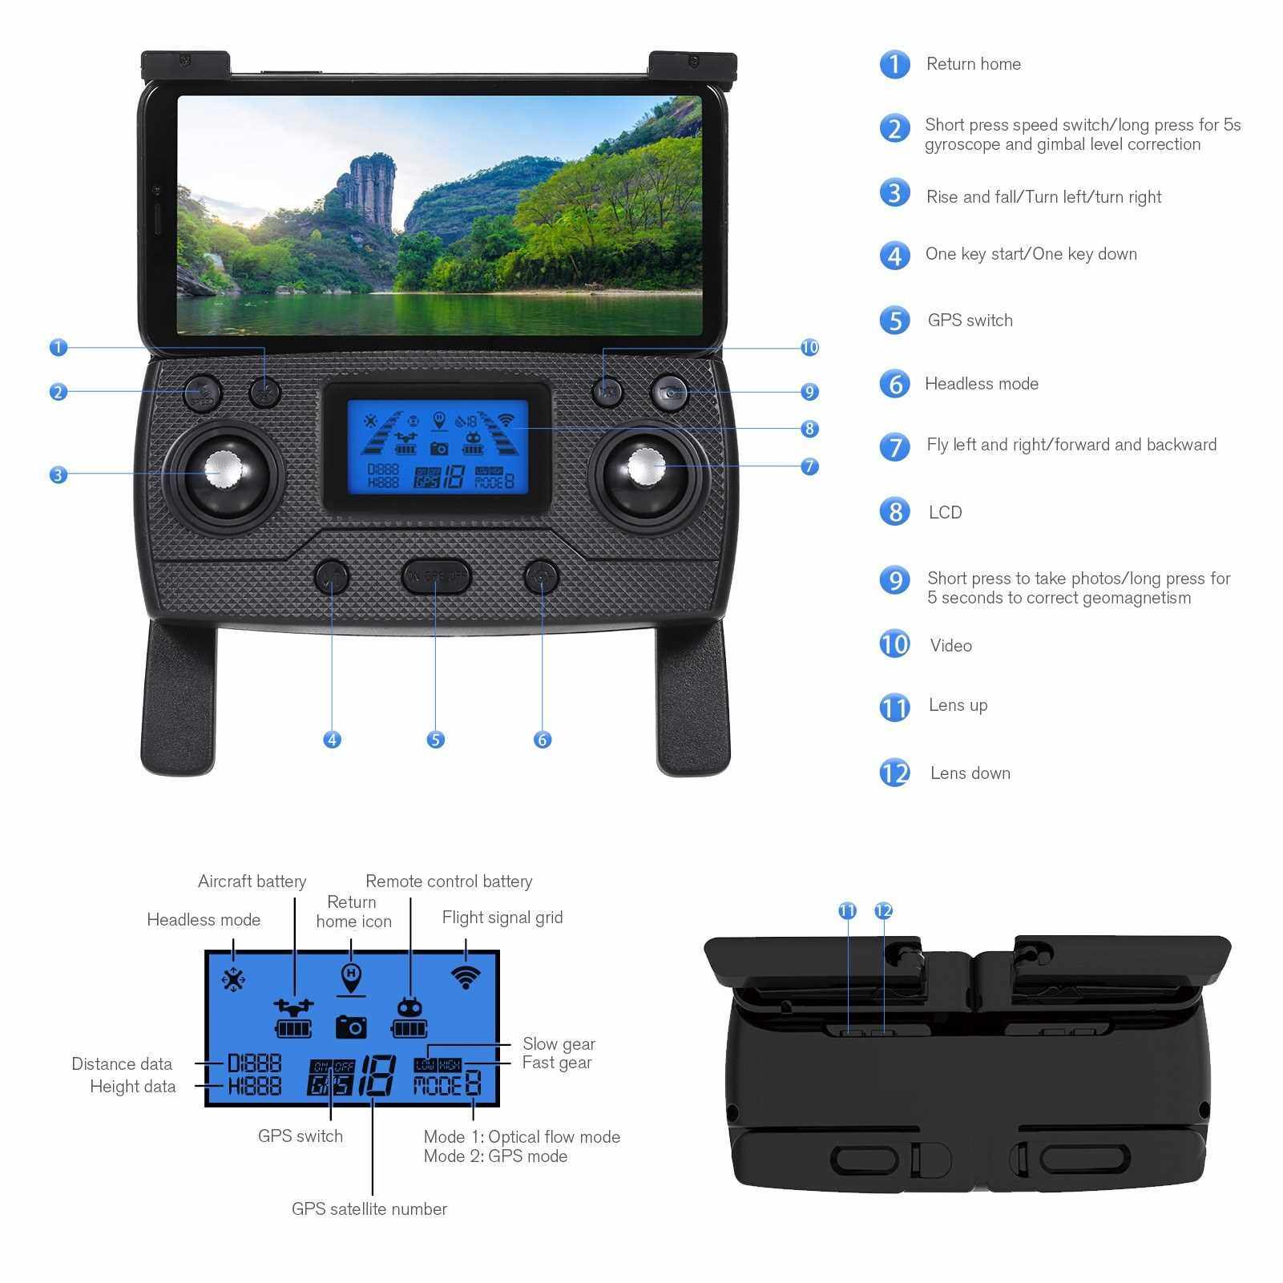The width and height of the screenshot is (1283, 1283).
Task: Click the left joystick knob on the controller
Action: coord(224,470)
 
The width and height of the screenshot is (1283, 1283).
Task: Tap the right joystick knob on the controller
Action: coord(647,467)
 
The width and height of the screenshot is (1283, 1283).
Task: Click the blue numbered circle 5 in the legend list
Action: coord(894,321)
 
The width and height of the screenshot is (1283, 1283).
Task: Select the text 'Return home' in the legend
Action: coord(974,64)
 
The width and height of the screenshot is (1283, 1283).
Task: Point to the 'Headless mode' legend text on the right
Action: coord(982,384)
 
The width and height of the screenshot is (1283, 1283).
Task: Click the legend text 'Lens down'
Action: coord(970,773)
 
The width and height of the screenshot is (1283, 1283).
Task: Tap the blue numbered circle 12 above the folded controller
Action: coord(883,910)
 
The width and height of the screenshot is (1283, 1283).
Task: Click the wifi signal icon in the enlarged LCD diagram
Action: coord(466,977)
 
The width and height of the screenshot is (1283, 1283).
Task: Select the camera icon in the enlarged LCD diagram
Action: coord(351,1027)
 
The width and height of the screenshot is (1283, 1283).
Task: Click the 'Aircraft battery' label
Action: coord(252,882)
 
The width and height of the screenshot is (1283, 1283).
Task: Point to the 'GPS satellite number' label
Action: coord(369,1208)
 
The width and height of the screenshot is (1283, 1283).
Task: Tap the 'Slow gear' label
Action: coord(559,1043)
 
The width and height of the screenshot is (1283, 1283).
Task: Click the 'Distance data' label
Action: coord(122,1063)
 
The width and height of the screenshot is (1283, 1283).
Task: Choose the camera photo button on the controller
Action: coord(669,393)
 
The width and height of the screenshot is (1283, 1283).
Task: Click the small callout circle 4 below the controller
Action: coord(333,740)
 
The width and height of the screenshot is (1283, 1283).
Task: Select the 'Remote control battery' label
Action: coord(449,882)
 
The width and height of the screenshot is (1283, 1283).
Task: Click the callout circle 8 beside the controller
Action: coord(809,429)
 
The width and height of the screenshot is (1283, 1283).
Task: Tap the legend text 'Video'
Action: coord(951,646)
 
